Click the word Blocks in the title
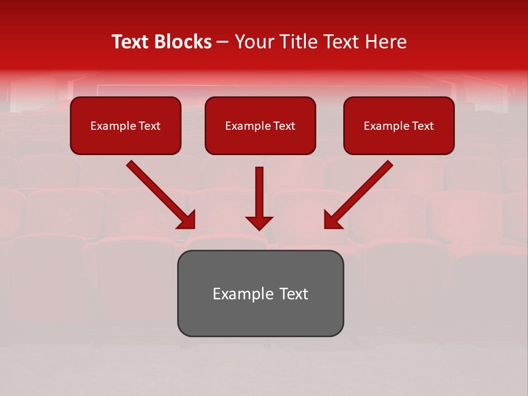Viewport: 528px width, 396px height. pyautogui.click(x=184, y=42)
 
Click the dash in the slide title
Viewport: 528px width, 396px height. pyautogui.click(x=223, y=42)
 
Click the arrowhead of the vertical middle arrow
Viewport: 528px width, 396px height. pyautogui.click(x=259, y=222)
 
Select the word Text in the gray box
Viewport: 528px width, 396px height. pyautogui.click(x=294, y=294)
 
